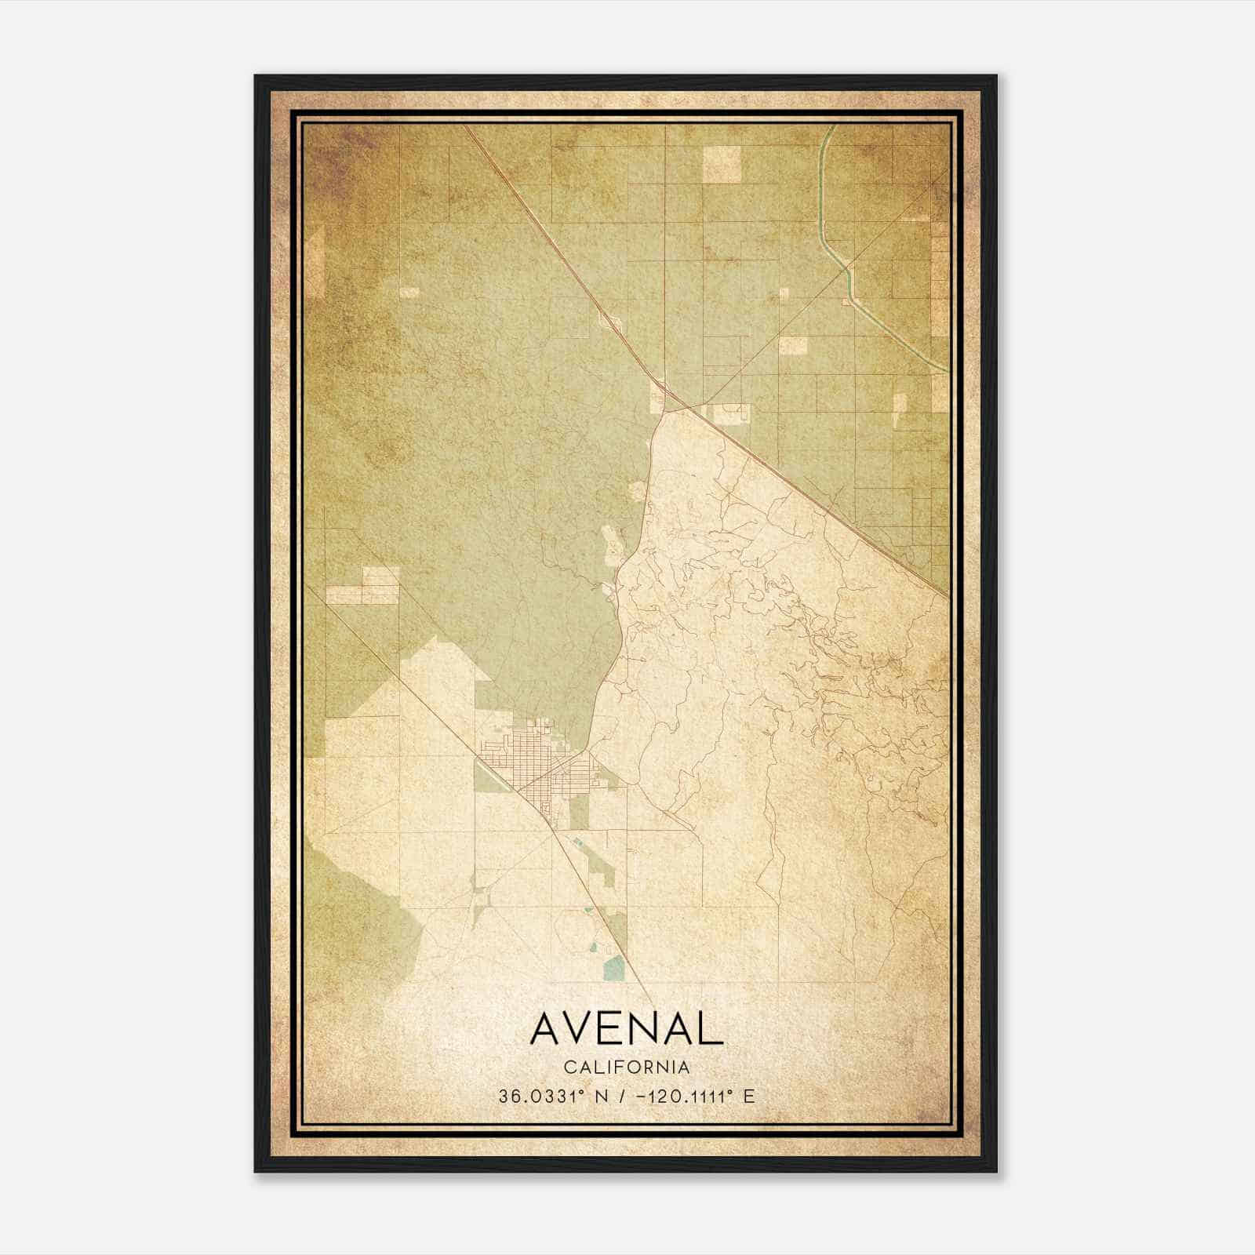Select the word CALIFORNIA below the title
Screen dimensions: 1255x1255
point(627,1067)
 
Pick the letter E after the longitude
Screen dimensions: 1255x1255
point(748,1096)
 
